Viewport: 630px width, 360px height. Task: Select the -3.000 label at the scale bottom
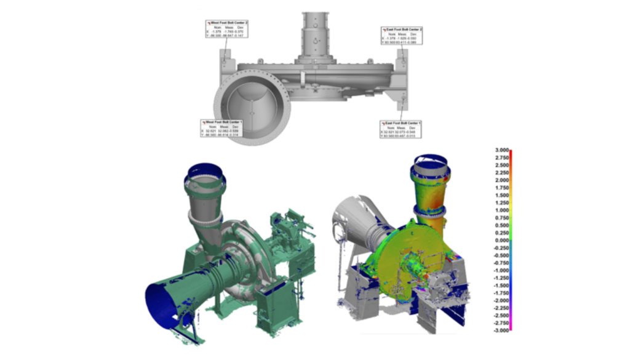pos(499,330)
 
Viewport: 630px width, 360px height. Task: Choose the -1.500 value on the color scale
pos(499,286)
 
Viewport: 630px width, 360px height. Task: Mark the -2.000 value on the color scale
pos(499,300)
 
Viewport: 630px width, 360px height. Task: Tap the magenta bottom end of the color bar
pos(511,329)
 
